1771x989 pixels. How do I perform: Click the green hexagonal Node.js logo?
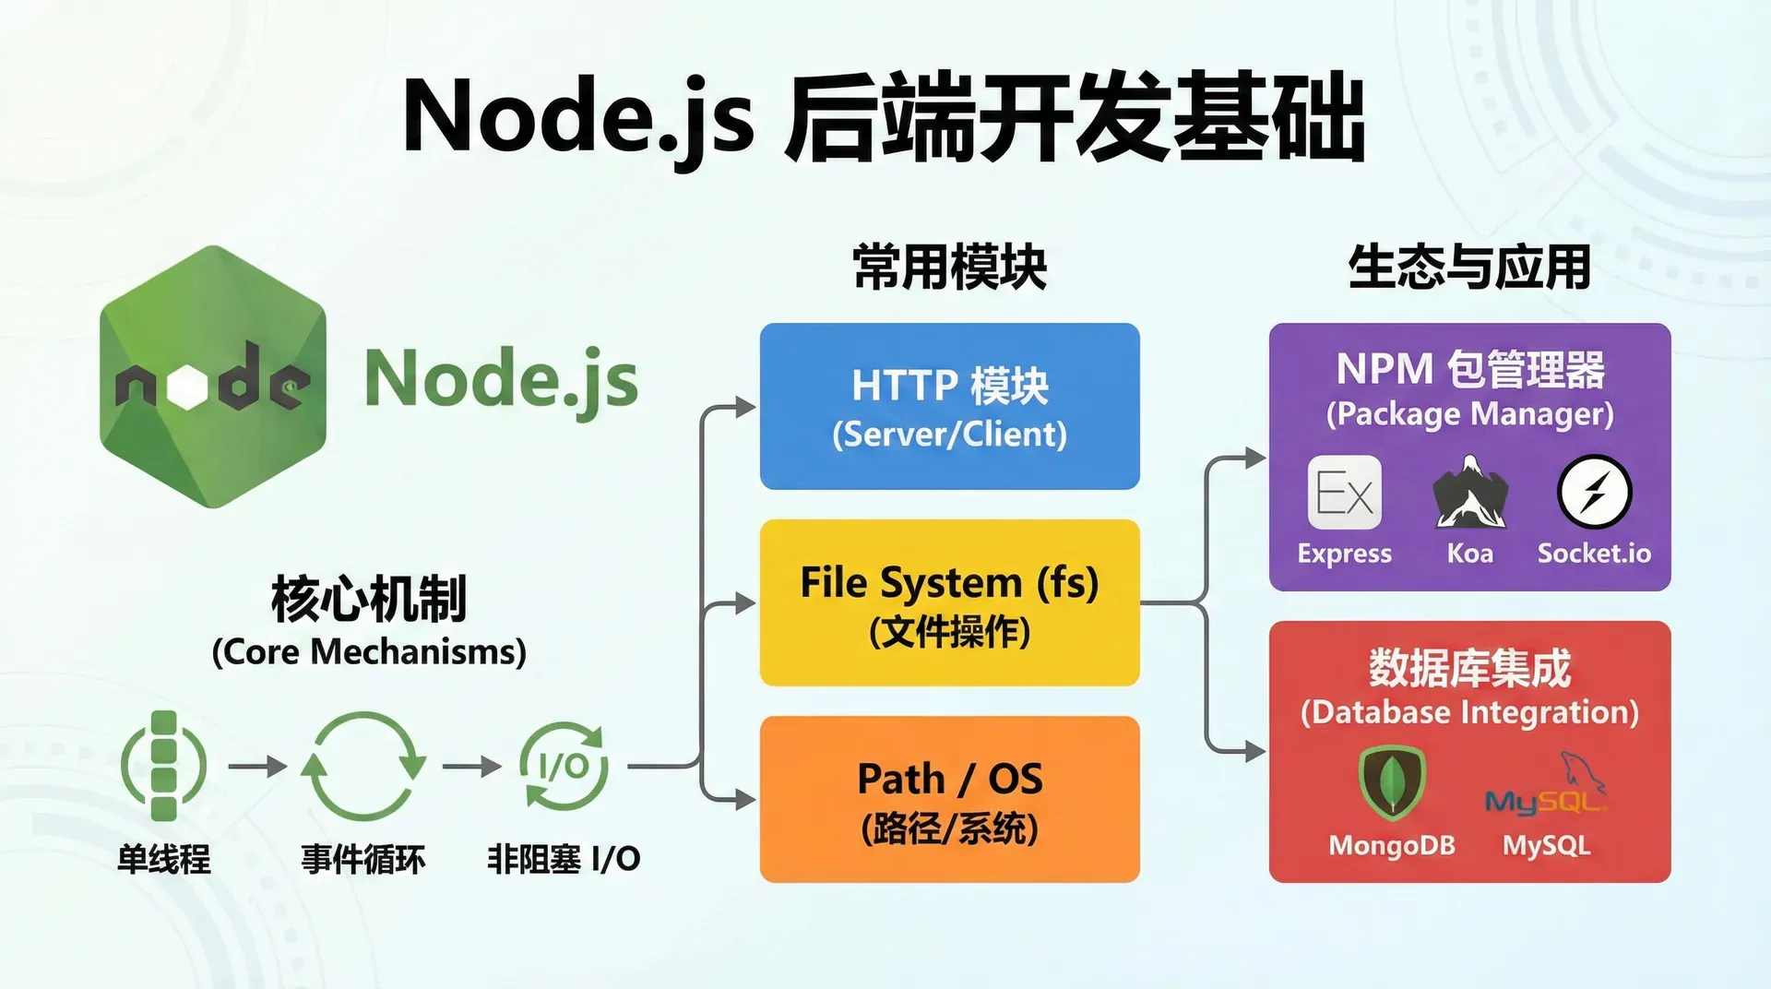pos(213,377)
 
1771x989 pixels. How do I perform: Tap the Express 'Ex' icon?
pos(1344,493)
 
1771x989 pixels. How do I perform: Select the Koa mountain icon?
pos(1469,493)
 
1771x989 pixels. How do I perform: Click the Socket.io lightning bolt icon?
pos(1594,493)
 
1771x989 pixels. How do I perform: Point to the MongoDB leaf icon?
pos(1392,782)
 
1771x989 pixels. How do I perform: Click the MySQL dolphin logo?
pos(1546,786)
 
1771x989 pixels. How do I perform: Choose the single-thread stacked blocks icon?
pos(163,766)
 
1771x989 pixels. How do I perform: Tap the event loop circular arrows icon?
pos(363,766)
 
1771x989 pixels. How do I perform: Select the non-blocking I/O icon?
pos(564,766)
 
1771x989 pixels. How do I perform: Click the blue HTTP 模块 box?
pos(949,406)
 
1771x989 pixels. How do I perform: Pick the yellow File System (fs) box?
pos(949,602)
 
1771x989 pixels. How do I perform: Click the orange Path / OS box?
pos(949,799)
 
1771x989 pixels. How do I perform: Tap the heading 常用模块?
pos(949,268)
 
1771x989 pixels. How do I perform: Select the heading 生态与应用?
pos(1469,268)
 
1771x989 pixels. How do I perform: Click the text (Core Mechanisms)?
pos(369,652)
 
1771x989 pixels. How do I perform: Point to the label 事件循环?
pos(363,860)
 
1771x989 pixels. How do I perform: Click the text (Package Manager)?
pos(1469,414)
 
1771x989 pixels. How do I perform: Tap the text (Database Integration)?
pos(1469,712)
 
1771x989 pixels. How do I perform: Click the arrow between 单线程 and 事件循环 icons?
pos(257,767)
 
